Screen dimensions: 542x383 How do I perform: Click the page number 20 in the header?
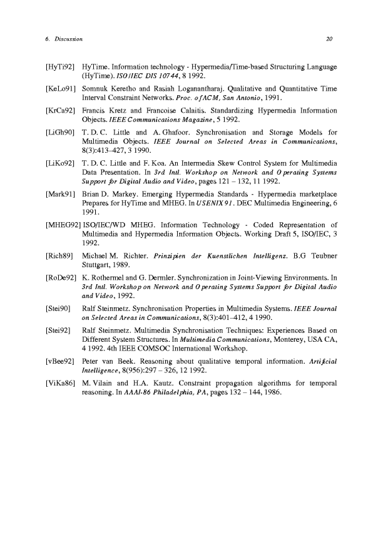(x=329, y=39)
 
